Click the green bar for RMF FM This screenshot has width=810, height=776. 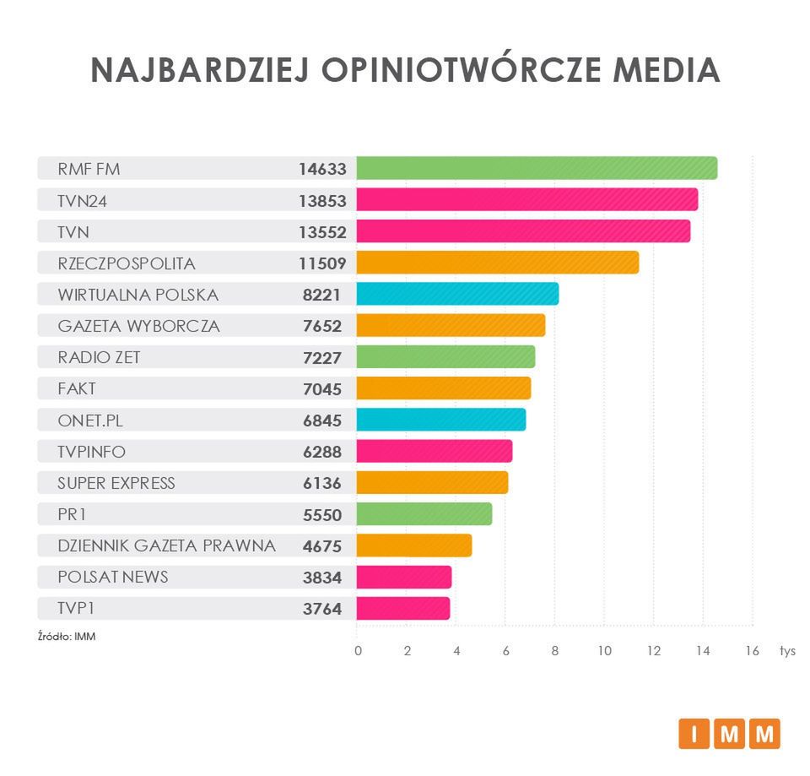[537, 168]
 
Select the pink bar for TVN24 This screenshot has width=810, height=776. [526, 200]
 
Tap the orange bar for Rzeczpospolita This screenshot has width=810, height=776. [497, 263]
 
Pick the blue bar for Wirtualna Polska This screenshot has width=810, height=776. [457, 294]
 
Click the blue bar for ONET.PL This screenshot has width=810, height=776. [440, 420]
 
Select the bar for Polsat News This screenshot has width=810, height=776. [403, 577]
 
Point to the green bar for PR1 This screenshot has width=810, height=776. [424, 514]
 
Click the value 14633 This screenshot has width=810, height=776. [322, 169]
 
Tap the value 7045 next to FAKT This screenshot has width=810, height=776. [322, 388]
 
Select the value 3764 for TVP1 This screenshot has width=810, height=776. [322, 609]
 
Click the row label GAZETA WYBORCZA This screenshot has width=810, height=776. [138, 326]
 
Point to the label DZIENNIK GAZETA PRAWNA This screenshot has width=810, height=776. [166, 545]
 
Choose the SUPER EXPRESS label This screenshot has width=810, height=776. [116, 483]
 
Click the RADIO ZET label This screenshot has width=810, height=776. [99, 357]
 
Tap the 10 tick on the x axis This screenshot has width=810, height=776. [604, 651]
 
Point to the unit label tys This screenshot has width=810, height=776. [787, 651]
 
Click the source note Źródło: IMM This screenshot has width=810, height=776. [67, 636]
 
